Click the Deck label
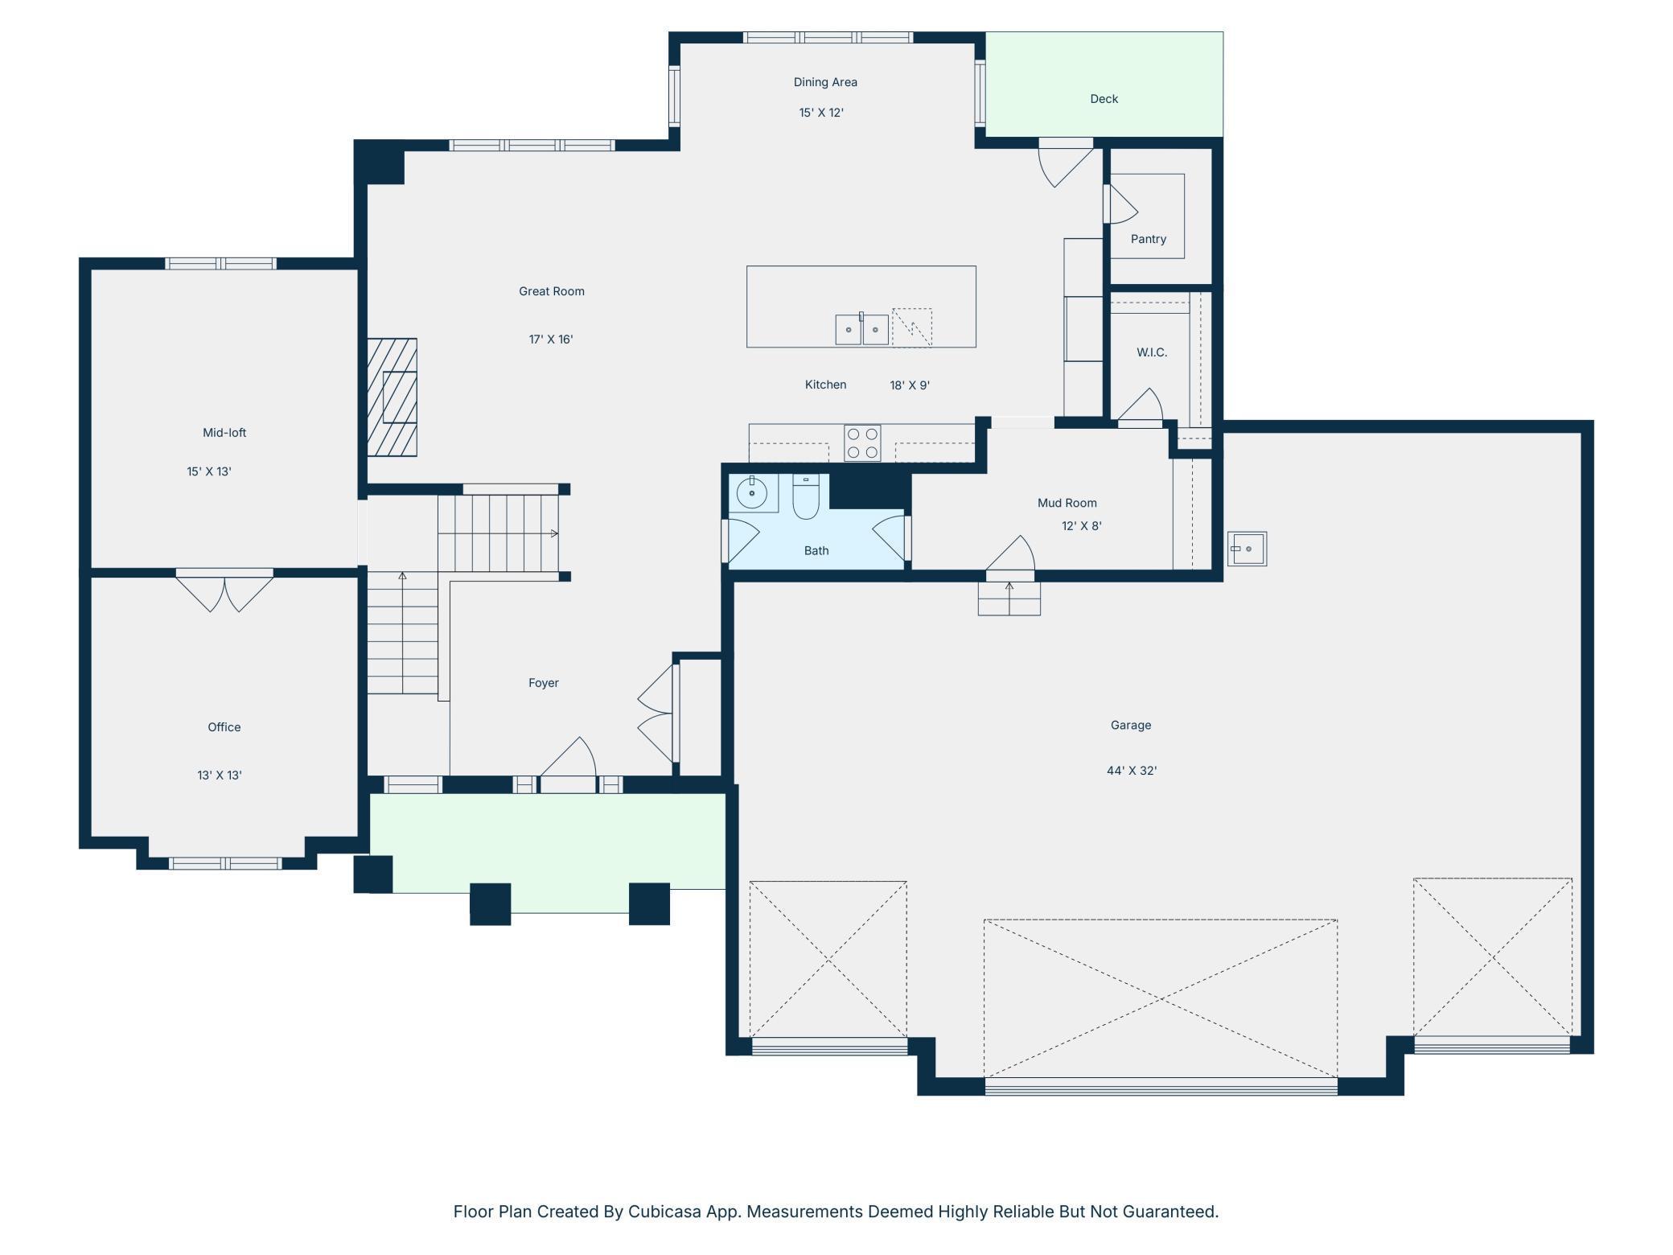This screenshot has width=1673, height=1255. click(1104, 99)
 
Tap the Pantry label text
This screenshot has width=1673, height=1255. click(1148, 239)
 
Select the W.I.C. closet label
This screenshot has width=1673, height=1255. click(1152, 352)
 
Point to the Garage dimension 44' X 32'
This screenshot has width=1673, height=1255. click(1132, 771)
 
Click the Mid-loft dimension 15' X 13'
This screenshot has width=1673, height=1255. click(209, 471)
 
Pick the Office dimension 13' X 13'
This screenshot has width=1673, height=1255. click(220, 776)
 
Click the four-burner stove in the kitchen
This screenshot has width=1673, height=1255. click(862, 443)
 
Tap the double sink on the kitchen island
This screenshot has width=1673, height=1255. click(861, 329)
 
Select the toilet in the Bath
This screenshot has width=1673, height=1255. click(805, 496)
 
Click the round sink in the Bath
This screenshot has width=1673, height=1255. click(752, 492)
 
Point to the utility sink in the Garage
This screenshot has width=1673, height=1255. click(1247, 549)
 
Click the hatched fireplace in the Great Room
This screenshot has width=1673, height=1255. click(393, 397)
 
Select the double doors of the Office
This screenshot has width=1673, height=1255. click(224, 590)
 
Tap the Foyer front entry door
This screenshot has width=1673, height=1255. click(568, 763)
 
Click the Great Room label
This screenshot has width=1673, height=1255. click(552, 291)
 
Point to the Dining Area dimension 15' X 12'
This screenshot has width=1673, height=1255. click(821, 113)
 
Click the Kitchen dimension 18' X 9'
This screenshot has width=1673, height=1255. click(910, 385)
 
